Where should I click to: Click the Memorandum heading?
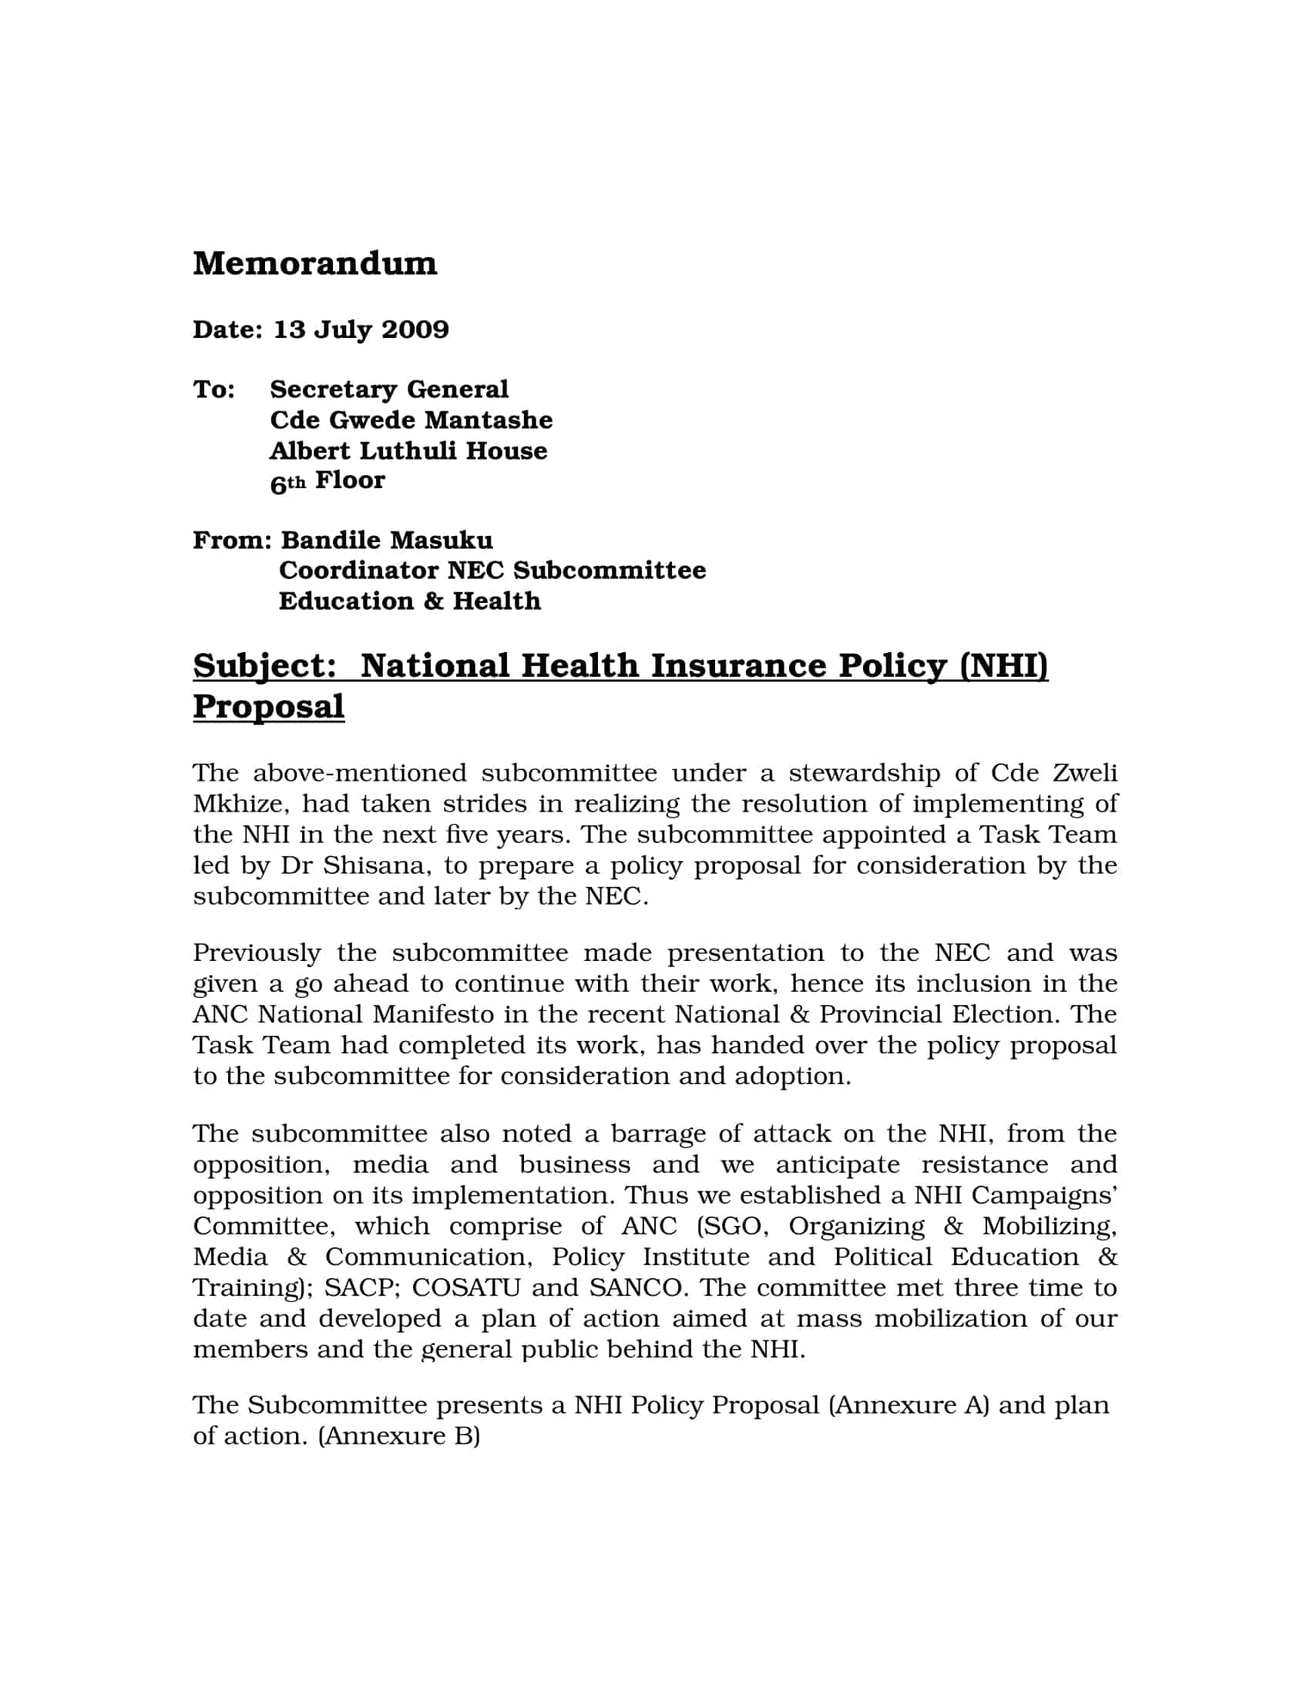click(314, 263)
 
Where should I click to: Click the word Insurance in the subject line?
click(738, 666)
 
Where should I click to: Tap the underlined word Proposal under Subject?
click(268, 707)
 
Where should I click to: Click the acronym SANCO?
click(637, 1287)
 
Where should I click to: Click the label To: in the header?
click(214, 390)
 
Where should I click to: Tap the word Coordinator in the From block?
click(358, 571)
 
